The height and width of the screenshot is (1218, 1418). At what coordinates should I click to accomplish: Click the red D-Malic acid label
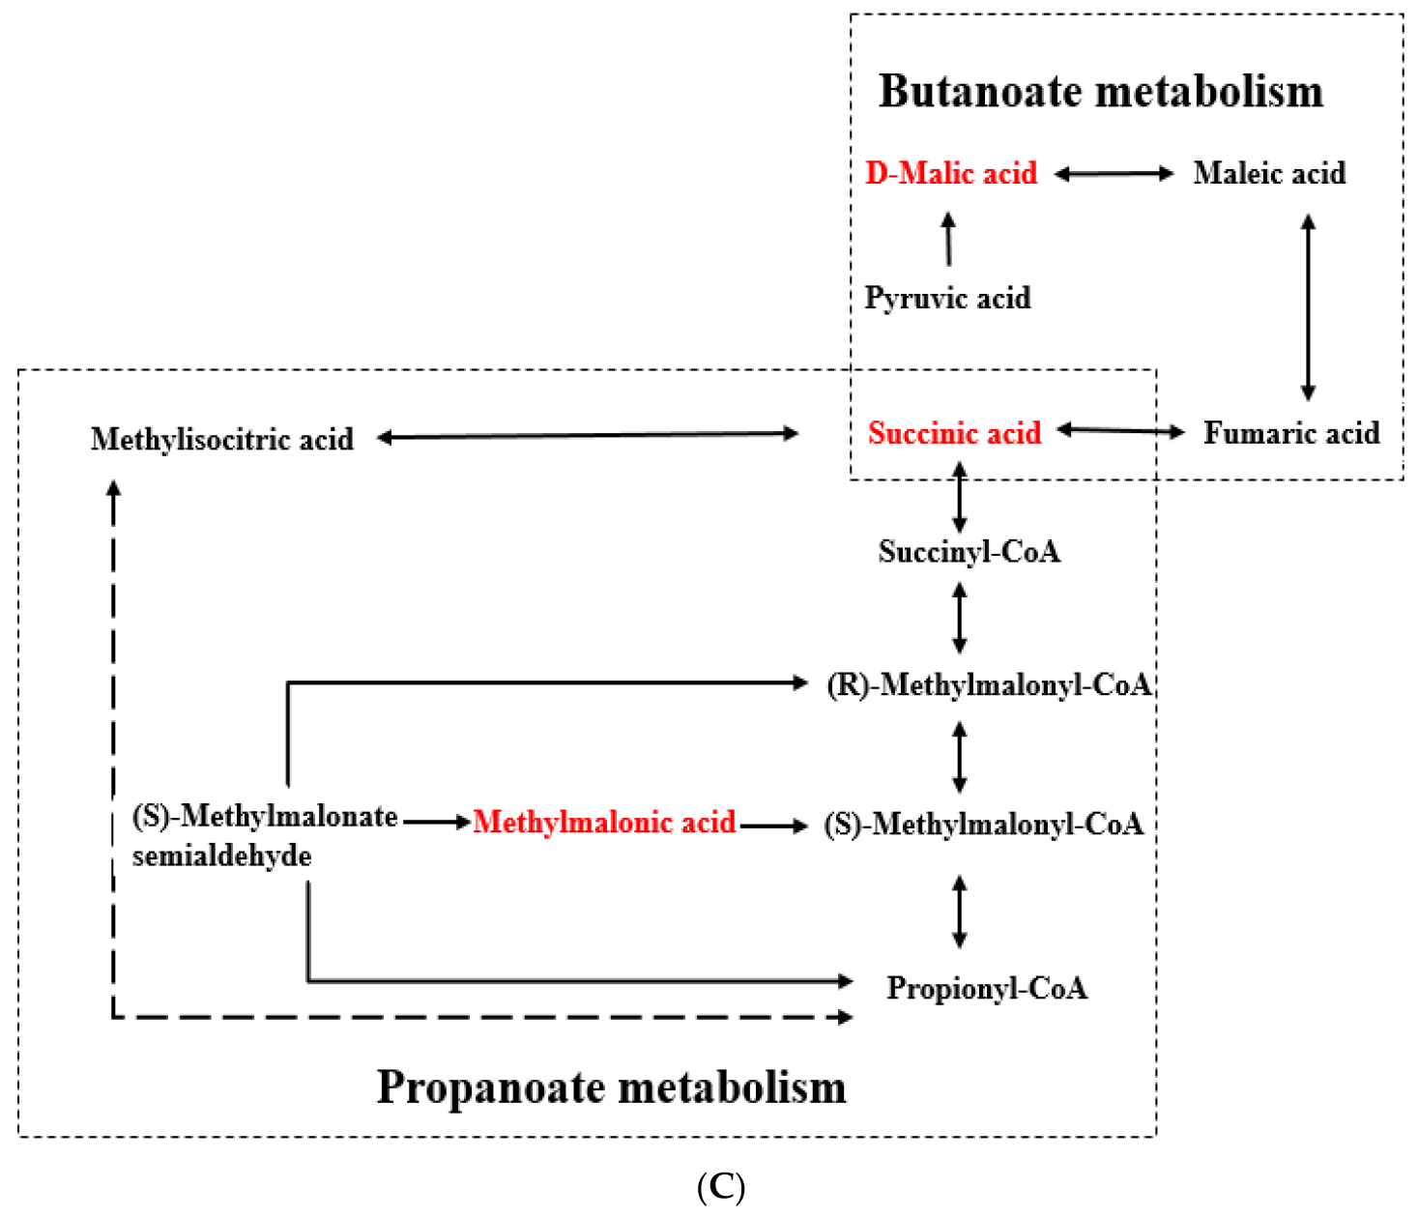tap(951, 173)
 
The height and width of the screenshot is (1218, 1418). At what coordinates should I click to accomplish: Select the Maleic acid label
tap(1269, 173)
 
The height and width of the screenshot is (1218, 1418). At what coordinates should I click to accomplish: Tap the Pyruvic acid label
tap(947, 298)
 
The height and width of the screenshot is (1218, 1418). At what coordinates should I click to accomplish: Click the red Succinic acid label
tap(955, 433)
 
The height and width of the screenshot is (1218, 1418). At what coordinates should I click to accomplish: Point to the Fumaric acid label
tap(1291, 433)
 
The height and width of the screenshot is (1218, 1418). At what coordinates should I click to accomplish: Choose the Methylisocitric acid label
tap(222, 439)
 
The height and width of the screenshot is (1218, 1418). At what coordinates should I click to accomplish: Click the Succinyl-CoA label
tap(969, 552)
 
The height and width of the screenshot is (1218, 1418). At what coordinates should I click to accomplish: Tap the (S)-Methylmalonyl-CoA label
tap(984, 824)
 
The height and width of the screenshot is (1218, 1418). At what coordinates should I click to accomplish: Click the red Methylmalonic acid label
tap(604, 823)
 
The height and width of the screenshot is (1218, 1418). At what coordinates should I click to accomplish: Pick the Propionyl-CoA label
tap(987, 988)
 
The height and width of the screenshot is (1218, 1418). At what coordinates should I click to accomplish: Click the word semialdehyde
tap(221, 856)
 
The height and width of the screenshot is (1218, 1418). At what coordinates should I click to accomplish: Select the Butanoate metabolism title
tap(1100, 92)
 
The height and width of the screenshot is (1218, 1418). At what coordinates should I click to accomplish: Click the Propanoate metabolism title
tap(611, 1087)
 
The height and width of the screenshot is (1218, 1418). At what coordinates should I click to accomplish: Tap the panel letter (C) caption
tap(720, 1186)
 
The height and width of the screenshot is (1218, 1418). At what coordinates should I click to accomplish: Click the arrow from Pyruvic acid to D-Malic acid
tap(948, 240)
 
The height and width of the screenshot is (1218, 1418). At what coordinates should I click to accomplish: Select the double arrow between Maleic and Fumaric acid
tap(1308, 307)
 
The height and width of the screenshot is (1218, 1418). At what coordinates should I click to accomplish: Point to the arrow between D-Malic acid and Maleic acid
tap(1114, 174)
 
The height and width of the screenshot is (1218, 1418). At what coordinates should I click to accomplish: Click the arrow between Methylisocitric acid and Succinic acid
tap(588, 436)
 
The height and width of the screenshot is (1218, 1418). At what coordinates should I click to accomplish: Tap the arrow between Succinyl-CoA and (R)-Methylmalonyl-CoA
tap(959, 619)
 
